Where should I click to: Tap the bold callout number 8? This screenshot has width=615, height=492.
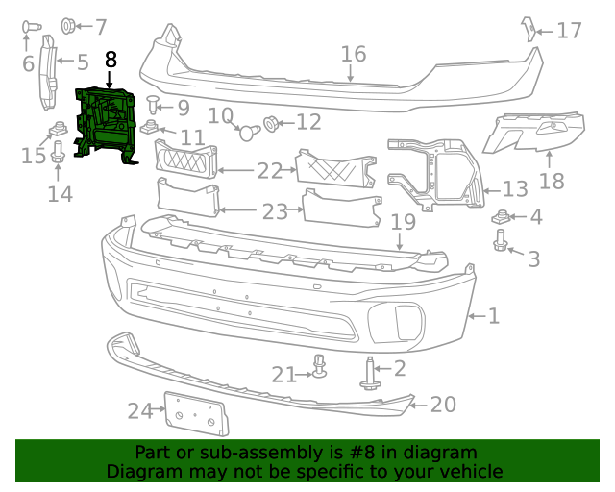click(x=111, y=60)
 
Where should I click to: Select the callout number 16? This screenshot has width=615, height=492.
click(x=354, y=54)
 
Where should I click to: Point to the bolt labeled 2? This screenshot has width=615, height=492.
click(x=372, y=373)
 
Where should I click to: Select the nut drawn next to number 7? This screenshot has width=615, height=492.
click(x=69, y=25)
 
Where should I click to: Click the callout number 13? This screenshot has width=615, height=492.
click(x=515, y=188)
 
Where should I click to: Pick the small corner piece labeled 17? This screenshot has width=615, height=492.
click(x=526, y=29)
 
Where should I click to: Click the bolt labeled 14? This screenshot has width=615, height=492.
click(x=57, y=152)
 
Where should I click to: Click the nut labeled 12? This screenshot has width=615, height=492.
click(x=271, y=123)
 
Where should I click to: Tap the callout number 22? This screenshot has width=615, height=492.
click(x=270, y=171)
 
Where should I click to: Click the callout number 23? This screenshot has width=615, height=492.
click(x=275, y=211)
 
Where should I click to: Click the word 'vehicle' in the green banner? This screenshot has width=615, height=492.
click(x=470, y=472)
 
